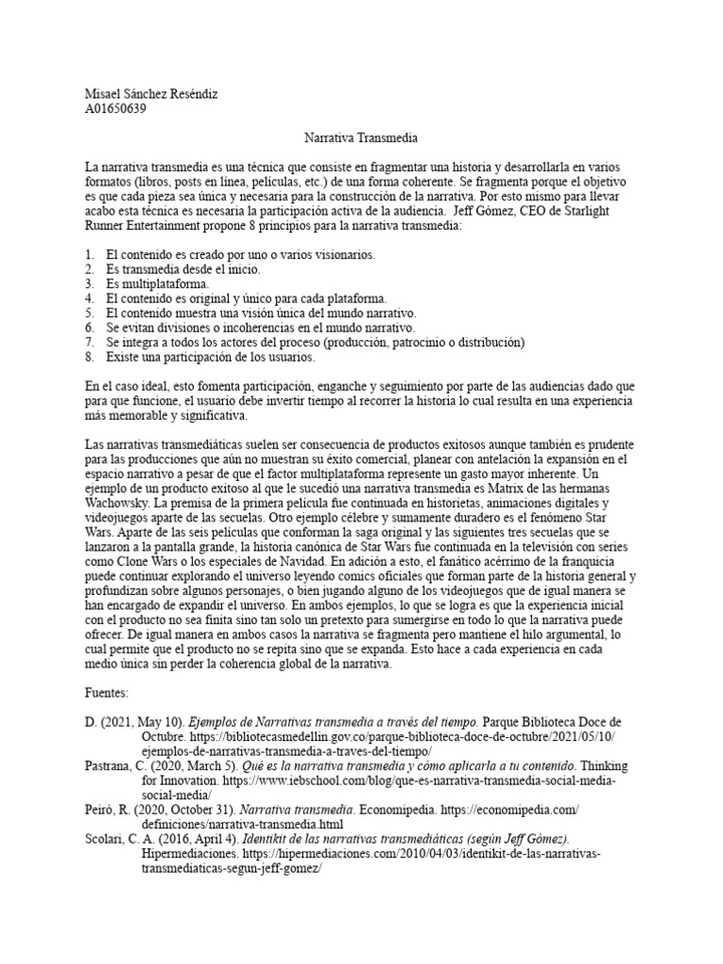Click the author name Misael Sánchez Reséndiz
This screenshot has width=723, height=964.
[151, 93]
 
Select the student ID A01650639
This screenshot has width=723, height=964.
[115, 108]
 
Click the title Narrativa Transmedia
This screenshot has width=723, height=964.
[361, 137]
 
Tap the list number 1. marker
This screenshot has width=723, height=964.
[89, 255]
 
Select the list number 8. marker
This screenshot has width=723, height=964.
[89, 357]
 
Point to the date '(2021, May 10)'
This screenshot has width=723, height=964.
[144, 722]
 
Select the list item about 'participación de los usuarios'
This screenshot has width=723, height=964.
[212, 357]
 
